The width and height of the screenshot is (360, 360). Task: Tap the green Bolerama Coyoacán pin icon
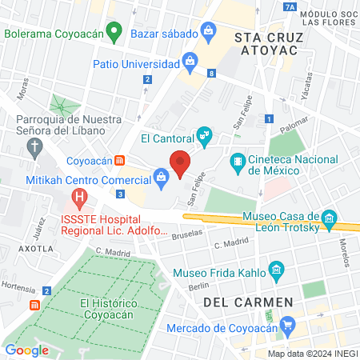[x=114, y=34]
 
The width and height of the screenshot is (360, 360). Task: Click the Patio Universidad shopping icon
[x=190, y=60]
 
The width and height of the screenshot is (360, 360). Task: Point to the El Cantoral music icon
[x=205, y=136]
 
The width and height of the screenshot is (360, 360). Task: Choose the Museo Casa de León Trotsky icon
[x=328, y=218]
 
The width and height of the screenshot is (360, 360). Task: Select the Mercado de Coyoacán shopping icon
[x=288, y=326]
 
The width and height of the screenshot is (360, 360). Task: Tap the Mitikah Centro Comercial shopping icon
[x=161, y=179]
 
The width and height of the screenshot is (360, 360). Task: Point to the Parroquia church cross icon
[x=34, y=146]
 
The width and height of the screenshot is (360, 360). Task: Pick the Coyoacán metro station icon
[x=119, y=161]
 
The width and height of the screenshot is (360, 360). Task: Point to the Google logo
[x=27, y=350]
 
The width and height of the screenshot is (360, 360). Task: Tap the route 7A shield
[x=290, y=7]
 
